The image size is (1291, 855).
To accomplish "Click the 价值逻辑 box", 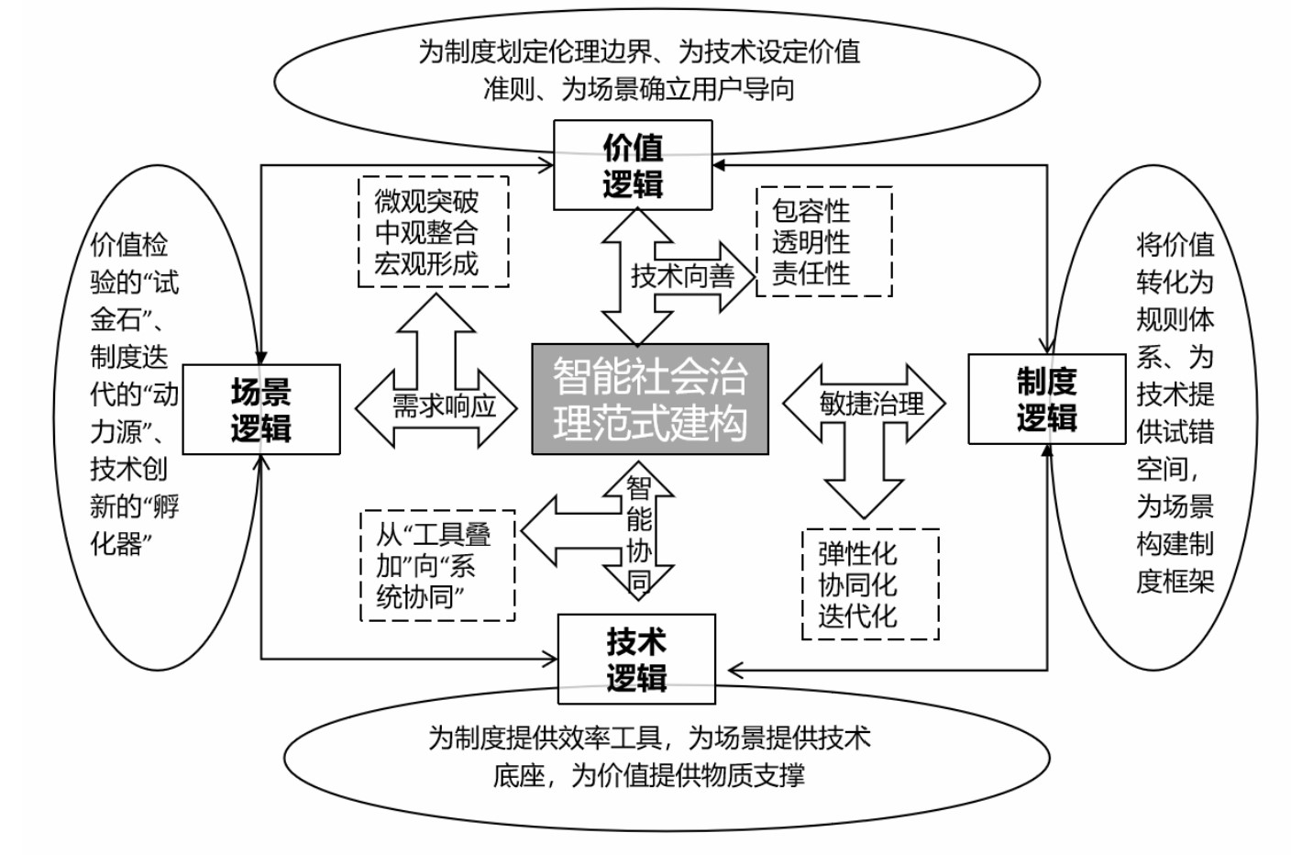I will [x=633, y=166].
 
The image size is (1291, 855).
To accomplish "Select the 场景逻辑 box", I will [x=261, y=410].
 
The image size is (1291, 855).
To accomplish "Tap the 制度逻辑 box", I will [x=1046, y=399].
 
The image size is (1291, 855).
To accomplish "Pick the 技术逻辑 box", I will [x=636, y=660].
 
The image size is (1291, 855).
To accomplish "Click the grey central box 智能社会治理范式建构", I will [x=650, y=400].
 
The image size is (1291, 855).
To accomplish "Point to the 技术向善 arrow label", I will [x=683, y=275].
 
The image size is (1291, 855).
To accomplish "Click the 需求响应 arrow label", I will [x=444, y=405].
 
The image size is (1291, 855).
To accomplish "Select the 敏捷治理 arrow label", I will [x=871, y=403].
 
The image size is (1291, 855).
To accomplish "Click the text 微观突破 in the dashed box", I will [x=426, y=201].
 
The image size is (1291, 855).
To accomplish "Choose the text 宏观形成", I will [x=426, y=264].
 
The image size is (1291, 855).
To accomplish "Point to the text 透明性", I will [x=811, y=242].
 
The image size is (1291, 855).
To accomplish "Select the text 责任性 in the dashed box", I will [x=811, y=273].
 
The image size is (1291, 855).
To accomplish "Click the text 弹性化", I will [x=857, y=553].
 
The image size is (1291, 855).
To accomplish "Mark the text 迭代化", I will [x=857, y=616].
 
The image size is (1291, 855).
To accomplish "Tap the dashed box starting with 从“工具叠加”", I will [x=437, y=565].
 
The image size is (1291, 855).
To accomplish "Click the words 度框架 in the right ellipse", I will [x=1175, y=581].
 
